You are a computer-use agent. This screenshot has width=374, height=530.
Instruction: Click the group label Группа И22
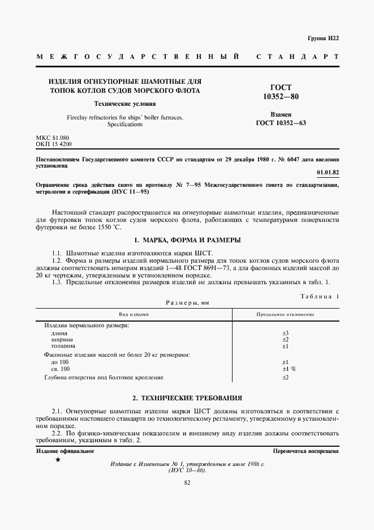(x=323, y=38)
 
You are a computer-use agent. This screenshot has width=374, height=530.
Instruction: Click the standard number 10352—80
(x=281, y=97)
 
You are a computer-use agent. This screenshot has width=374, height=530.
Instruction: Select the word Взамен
(x=281, y=114)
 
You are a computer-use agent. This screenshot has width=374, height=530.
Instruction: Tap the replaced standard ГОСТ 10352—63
(x=281, y=123)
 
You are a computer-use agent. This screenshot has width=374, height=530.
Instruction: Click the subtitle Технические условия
(x=124, y=104)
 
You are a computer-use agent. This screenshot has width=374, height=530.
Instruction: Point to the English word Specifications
(x=125, y=124)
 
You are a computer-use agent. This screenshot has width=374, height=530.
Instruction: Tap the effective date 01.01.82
(x=327, y=172)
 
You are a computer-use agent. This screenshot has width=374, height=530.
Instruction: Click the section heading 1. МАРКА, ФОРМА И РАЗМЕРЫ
(x=187, y=240)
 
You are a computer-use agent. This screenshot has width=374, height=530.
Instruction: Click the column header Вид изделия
(x=134, y=314)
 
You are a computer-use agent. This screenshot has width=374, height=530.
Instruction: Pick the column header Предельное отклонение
(x=285, y=314)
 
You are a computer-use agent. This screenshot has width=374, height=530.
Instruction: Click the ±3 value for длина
(x=285, y=333)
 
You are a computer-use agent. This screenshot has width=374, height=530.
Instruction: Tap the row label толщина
(x=63, y=345)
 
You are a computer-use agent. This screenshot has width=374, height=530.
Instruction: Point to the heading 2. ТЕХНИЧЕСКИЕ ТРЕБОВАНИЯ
(x=187, y=398)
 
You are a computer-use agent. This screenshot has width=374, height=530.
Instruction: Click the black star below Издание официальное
(x=58, y=460)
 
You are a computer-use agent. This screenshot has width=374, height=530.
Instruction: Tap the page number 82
(x=187, y=482)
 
